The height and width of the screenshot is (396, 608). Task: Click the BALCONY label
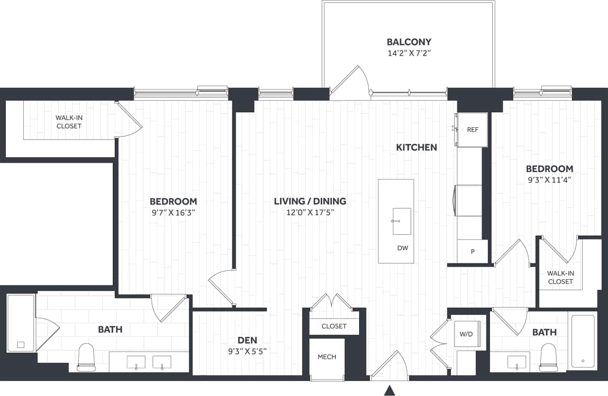pyautogui.click(x=409, y=42)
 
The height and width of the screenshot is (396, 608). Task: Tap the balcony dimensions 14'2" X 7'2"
pyautogui.click(x=409, y=53)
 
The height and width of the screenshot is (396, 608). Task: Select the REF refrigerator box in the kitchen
pyautogui.click(x=472, y=130)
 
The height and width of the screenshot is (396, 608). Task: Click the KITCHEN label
pyautogui.click(x=416, y=147)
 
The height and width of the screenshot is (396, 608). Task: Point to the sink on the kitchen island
pyautogui.click(x=401, y=221)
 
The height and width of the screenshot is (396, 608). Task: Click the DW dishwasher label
pyautogui.click(x=402, y=248)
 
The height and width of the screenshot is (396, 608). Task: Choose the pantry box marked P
pyautogui.click(x=472, y=252)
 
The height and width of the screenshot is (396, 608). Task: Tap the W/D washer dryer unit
pyautogui.click(x=467, y=334)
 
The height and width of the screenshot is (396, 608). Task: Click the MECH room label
pyautogui.click(x=327, y=357)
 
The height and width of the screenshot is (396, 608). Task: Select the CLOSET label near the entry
pyautogui.click(x=334, y=326)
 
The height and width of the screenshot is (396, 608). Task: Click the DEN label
pyautogui.click(x=247, y=340)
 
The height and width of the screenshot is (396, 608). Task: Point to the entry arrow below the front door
pyautogui.click(x=389, y=390)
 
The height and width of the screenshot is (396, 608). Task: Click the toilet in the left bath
pyautogui.click(x=86, y=357)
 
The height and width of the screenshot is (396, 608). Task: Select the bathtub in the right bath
pyautogui.click(x=583, y=341)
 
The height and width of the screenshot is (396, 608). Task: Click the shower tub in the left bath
pyautogui.click(x=21, y=323)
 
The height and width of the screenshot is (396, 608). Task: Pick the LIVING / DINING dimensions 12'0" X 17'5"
pyautogui.click(x=310, y=212)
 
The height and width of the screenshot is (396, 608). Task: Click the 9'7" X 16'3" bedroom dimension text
pyautogui.click(x=173, y=212)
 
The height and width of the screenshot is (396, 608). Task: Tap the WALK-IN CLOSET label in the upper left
pyautogui.click(x=69, y=121)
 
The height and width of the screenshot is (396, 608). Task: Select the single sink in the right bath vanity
pyautogui.click(x=516, y=362)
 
